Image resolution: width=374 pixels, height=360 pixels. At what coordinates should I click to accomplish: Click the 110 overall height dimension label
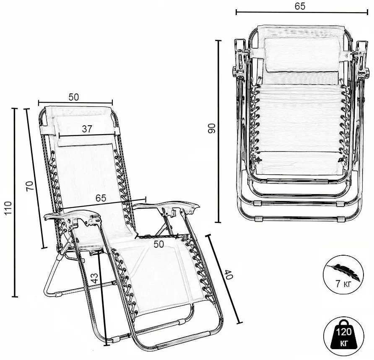8,208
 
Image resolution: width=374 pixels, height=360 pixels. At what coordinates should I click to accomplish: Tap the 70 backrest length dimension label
30,186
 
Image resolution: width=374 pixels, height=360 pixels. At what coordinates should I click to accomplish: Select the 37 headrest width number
87,129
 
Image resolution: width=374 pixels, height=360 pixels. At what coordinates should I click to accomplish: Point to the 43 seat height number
94,278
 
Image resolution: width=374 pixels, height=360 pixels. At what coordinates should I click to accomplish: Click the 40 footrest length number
228,275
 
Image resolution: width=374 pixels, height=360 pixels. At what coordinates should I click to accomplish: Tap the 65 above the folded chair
300,6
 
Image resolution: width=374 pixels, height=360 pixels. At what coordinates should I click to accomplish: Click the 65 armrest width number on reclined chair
101,198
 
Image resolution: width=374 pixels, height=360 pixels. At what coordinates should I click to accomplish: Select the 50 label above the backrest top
73,97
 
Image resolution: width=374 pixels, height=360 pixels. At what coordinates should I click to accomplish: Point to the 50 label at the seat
158,244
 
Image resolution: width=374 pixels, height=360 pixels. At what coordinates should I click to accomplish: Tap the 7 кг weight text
343,284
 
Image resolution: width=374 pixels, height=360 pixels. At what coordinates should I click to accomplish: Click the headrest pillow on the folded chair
302,54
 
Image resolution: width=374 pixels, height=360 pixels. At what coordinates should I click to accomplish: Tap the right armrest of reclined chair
166,207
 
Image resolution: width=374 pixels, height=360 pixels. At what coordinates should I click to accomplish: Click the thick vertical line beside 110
15,203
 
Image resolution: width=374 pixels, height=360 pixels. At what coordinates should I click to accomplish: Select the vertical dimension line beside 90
218,131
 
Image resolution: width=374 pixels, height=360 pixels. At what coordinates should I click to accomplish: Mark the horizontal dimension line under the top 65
302,12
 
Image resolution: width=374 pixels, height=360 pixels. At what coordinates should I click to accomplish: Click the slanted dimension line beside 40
224,279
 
